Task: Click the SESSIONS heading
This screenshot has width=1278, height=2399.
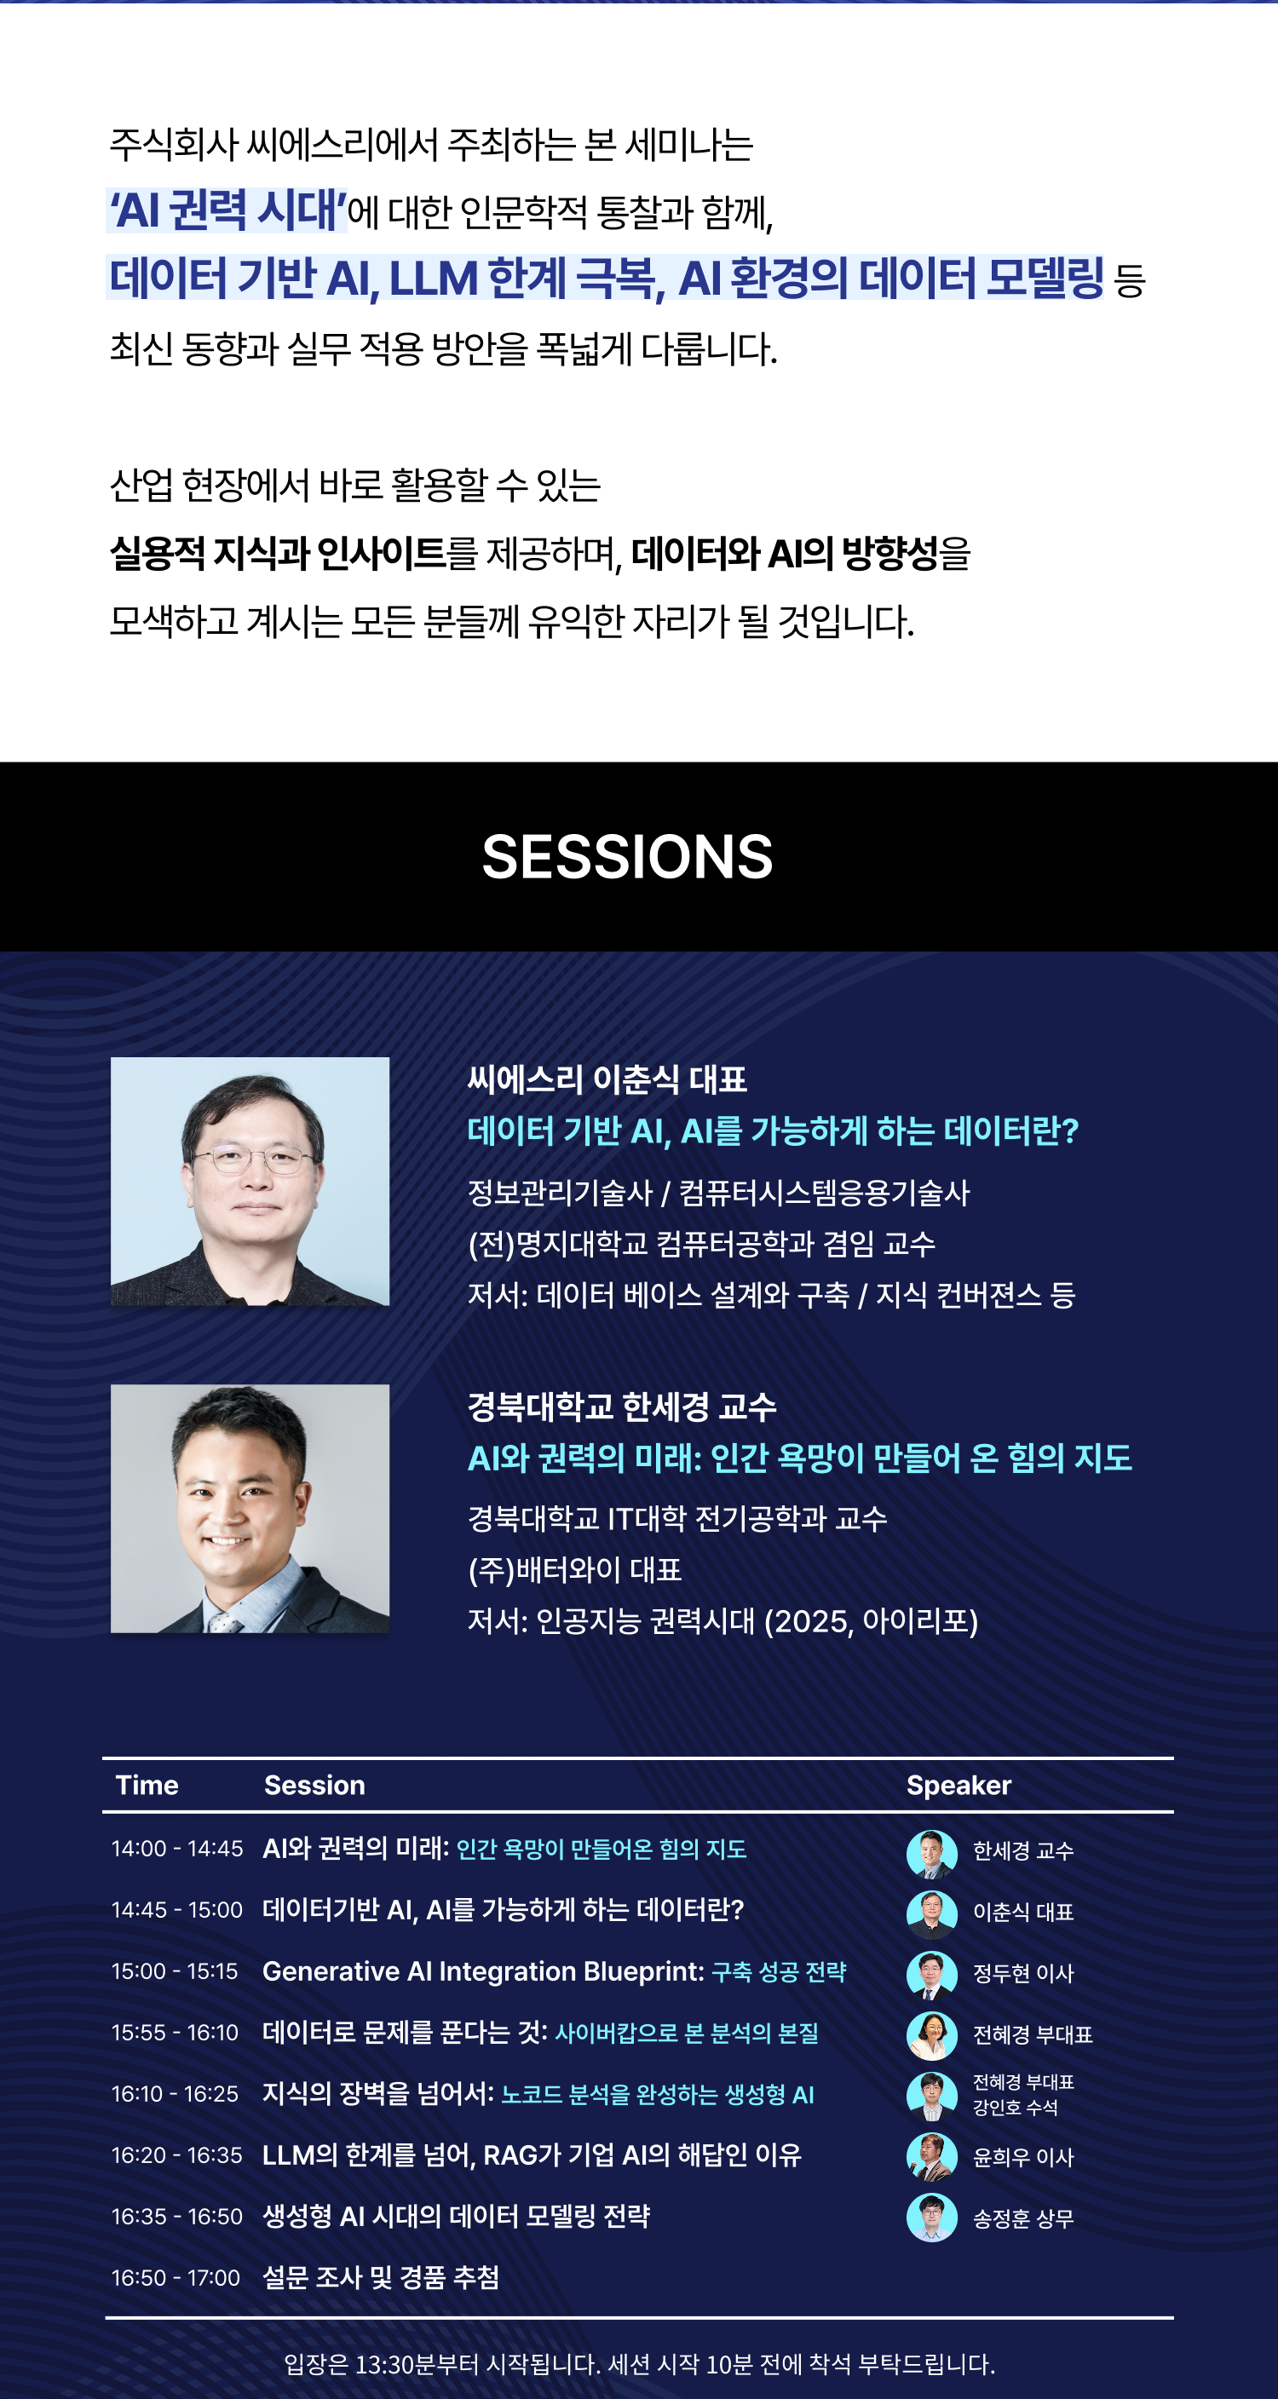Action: click(627, 857)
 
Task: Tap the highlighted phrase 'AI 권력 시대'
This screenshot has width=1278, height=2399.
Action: click(227, 210)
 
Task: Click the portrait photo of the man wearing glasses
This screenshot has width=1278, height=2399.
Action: click(250, 1181)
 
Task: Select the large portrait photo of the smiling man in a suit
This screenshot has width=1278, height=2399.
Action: click(250, 1509)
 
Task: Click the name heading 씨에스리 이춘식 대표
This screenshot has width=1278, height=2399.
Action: click(607, 1079)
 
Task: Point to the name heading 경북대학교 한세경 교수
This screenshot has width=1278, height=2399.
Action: click(621, 1407)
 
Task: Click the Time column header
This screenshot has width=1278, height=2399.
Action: click(147, 1786)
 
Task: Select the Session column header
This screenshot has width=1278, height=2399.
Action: click(315, 1786)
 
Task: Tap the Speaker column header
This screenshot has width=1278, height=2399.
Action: click(958, 1786)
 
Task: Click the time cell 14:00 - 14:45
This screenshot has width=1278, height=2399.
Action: click(177, 1849)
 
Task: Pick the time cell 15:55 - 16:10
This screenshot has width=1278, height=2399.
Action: click(176, 2033)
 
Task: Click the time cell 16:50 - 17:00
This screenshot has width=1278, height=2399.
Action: click(176, 2278)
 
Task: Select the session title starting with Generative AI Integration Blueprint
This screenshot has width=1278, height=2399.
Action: click(555, 1971)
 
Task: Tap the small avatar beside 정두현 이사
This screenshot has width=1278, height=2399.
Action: click(931, 1975)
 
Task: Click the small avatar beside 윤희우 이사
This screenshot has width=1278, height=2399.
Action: click(931, 2157)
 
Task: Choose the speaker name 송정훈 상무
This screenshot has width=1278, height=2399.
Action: click(1022, 2219)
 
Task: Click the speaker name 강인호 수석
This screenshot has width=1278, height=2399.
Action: click(1016, 2108)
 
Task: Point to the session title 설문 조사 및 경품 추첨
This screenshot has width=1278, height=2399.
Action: click(381, 2278)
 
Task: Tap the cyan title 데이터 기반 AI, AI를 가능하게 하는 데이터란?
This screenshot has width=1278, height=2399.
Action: click(773, 1130)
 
